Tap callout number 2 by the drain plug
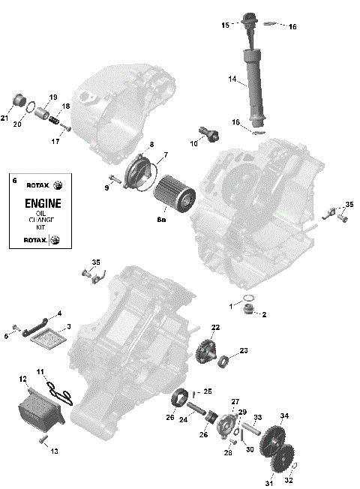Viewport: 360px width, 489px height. pyautogui.click(x=263, y=315)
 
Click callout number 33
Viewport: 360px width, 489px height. pyautogui.click(x=257, y=418)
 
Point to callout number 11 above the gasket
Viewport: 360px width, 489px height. pyautogui.click(x=41, y=372)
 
